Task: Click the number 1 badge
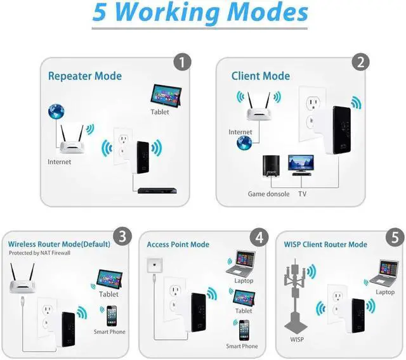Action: click(182, 62)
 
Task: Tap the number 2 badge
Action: click(360, 62)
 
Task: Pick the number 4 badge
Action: click(258, 237)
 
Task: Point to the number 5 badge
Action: click(395, 237)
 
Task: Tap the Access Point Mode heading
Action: click(178, 245)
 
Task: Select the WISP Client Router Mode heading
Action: click(326, 245)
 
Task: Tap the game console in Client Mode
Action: click(269, 167)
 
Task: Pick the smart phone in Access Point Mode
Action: click(243, 330)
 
